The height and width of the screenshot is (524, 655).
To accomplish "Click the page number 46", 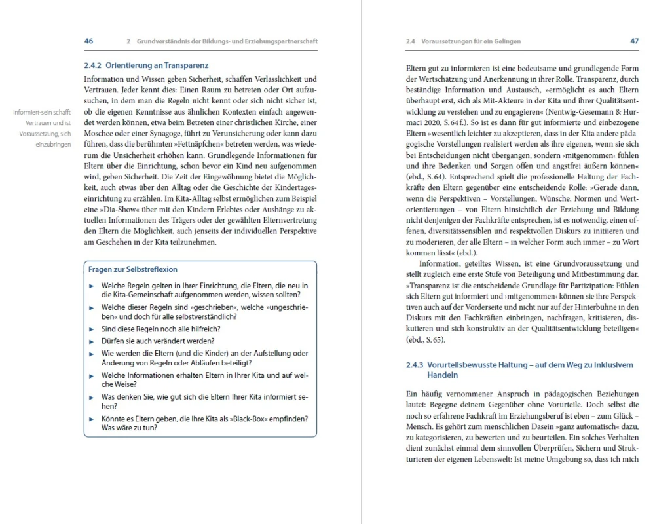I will pos(89,41).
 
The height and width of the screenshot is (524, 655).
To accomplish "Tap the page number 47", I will pos(634,41).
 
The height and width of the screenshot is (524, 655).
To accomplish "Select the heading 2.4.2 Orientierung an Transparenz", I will pos(147,65).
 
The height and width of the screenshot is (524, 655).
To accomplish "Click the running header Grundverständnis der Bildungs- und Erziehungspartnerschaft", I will pos(227,41).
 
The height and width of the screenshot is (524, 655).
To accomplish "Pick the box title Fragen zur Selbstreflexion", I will pos(133,269).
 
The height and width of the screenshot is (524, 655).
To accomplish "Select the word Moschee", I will pos(101,142).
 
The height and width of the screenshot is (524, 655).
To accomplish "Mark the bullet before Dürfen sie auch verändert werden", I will pos(92,341).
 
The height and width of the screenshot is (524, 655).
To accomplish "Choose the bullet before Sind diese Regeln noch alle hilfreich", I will pos(92,329).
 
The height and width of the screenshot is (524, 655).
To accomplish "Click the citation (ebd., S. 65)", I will pos(426,340).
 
